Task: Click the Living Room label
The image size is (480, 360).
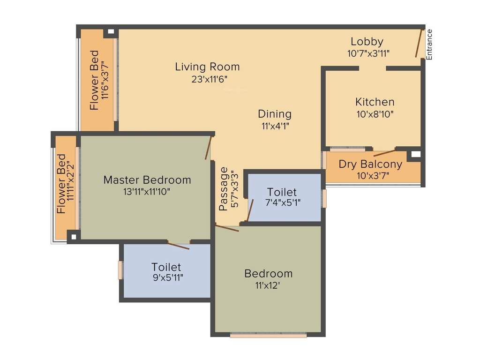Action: click(x=207, y=67)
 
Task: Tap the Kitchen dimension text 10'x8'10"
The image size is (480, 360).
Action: click(x=374, y=113)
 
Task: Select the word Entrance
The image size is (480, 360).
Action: click(x=429, y=45)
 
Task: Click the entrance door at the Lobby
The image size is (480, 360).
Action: click(x=419, y=43)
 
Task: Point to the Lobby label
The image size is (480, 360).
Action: click(x=367, y=42)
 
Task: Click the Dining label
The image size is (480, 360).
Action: click(x=275, y=114)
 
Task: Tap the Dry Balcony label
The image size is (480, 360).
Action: click(x=370, y=165)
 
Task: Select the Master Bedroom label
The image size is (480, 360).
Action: click(x=147, y=180)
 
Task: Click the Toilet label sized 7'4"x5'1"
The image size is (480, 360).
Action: click(x=282, y=192)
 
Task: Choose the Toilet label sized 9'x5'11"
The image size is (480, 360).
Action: click(x=166, y=267)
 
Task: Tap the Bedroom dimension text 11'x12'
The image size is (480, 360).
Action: click(x=268, y=285)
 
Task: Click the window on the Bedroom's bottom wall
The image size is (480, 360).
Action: click(x=268, y=335)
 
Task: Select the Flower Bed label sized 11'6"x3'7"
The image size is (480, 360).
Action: click(x=95, y=80)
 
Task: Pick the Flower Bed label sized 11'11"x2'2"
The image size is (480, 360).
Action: click(x=61, y=184)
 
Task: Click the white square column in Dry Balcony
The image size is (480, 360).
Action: click(x=415, y=154)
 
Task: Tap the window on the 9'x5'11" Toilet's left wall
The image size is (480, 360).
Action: click(x=120, y=270)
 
